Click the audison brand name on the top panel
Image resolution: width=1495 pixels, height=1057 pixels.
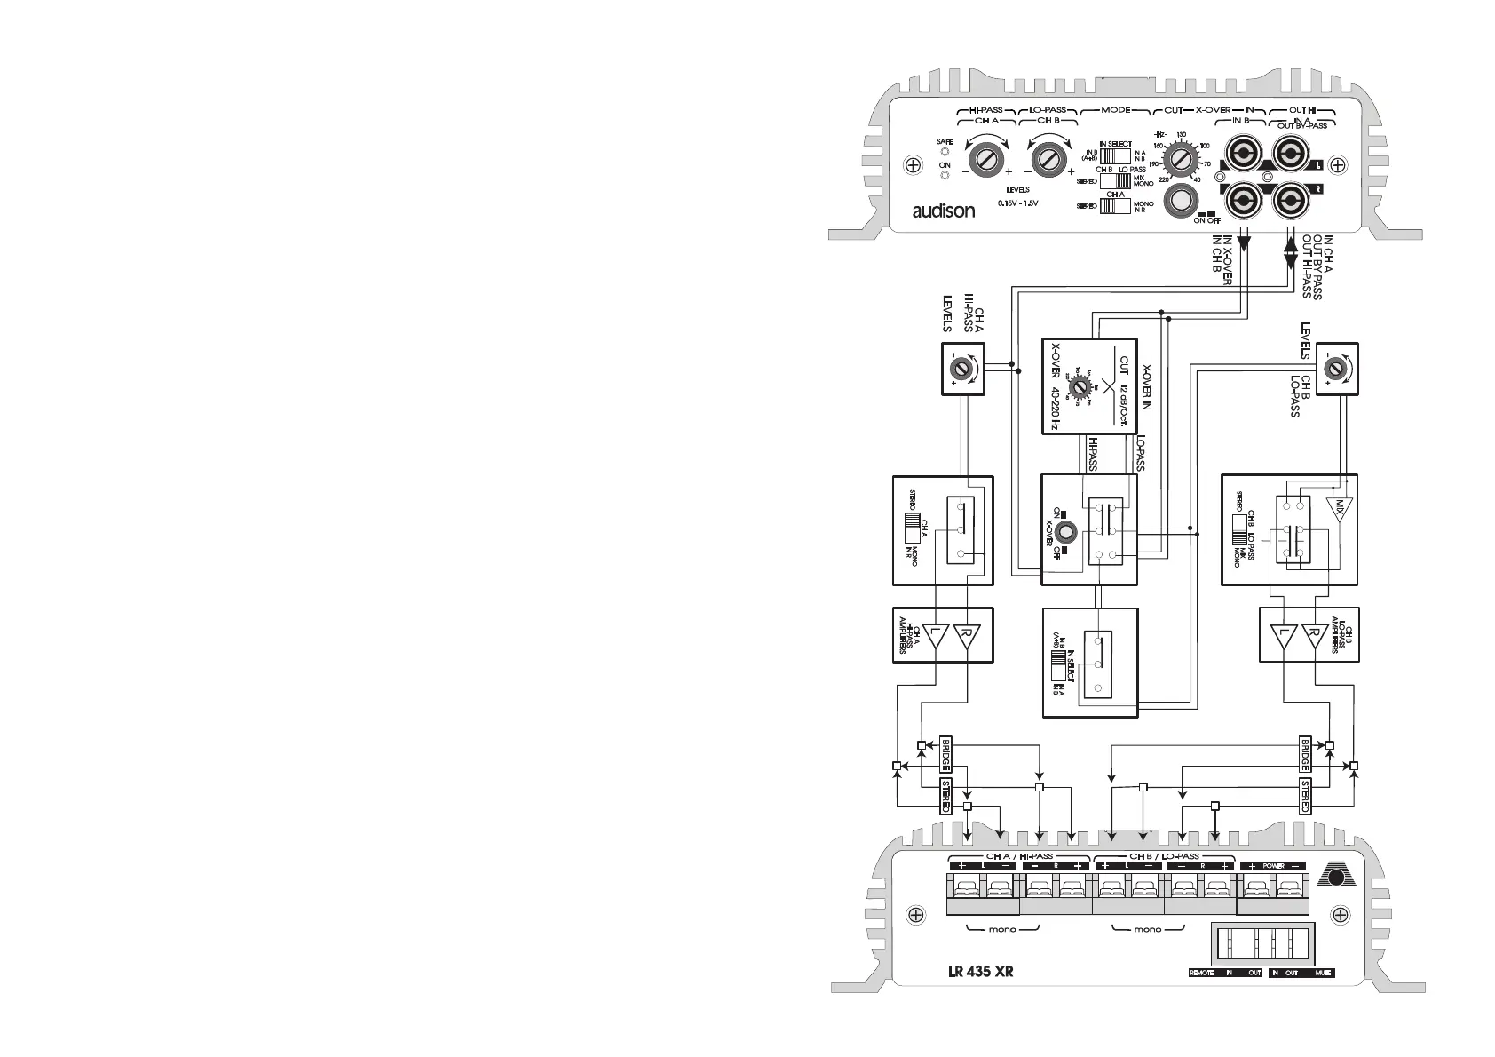point(944,211)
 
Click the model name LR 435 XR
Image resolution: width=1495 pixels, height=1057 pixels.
point(980,971)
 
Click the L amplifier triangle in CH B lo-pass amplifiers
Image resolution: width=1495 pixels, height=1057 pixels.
point(1280,636)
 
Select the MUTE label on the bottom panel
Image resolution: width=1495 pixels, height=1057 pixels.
point(1323,973)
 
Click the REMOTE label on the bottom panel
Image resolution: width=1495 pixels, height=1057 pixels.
point(1202,973)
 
